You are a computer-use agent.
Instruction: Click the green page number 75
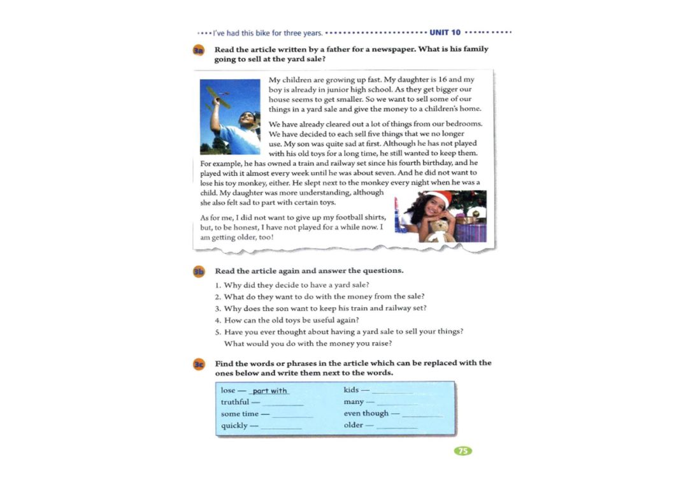point(463,451)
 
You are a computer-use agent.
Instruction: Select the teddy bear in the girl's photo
point(440,229)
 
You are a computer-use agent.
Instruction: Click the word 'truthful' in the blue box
point(234,402)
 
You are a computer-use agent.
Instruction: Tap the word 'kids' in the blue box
point(351,389)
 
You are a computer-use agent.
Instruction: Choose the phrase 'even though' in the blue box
point(366,413)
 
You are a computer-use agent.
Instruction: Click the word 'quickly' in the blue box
point(234,425)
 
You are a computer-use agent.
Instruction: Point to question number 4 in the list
point(218,320)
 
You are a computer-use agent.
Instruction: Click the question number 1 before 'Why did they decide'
point(218,285)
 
